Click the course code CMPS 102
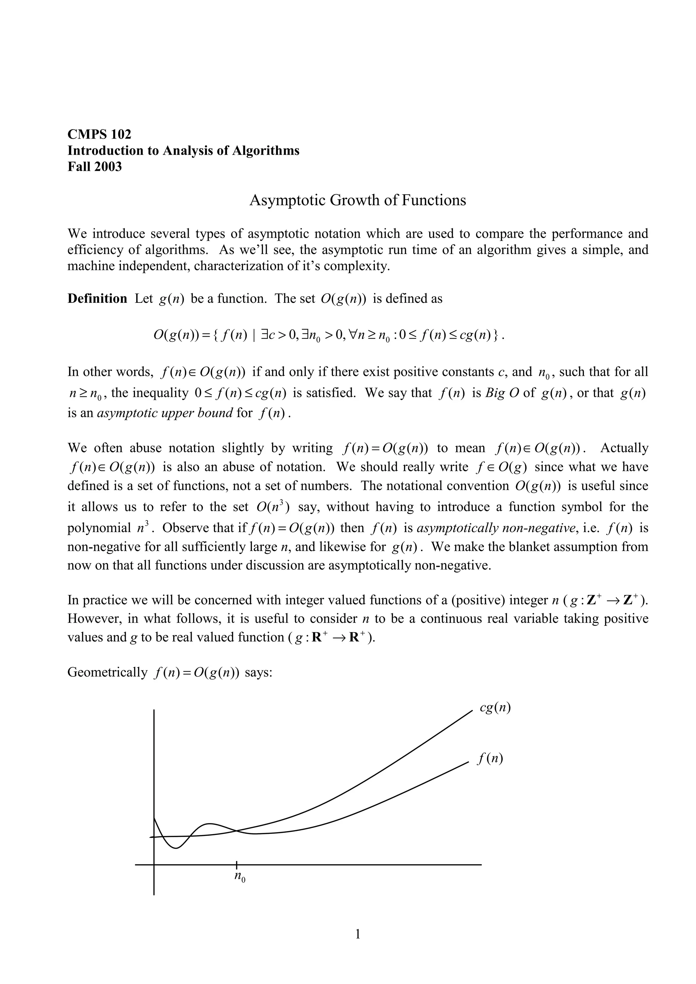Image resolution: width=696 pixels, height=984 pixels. [x=100, y=134]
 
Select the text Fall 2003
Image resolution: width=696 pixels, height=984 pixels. [x=94, y=166]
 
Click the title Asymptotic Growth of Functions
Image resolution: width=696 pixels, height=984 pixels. [x=357, y=200]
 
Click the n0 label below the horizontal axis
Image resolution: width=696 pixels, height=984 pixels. [x=240, y=877]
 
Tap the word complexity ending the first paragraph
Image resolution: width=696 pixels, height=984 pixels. [x=356, y=266]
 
